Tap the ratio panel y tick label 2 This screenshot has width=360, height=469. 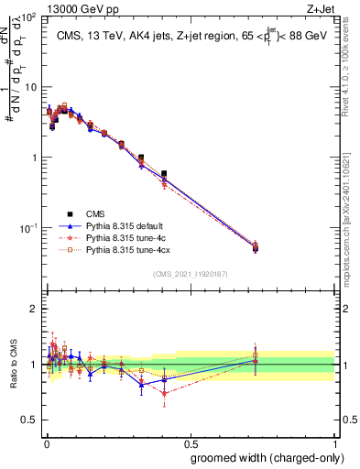tap(33, 309)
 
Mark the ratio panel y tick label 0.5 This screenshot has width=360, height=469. tap(28, 420)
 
